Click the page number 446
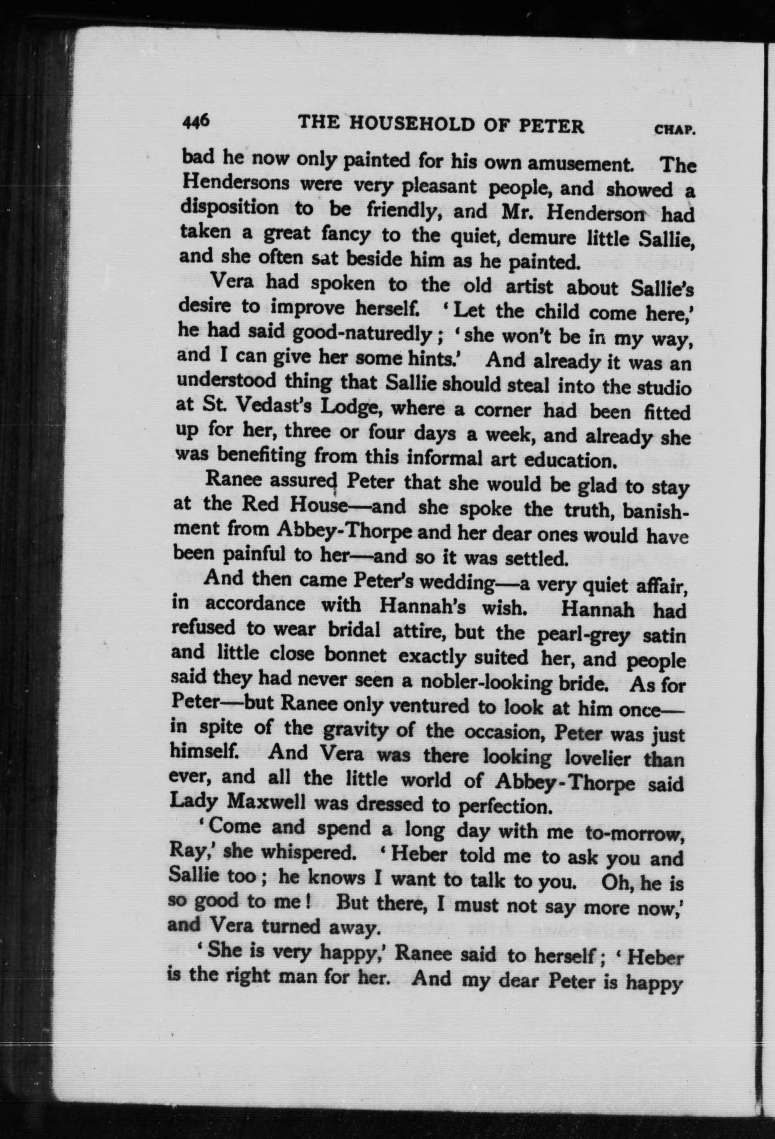[x=196, y=120]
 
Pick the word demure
[x=542, y=238]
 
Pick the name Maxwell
[x=263, y=802]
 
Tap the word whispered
[x=307, y=853]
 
